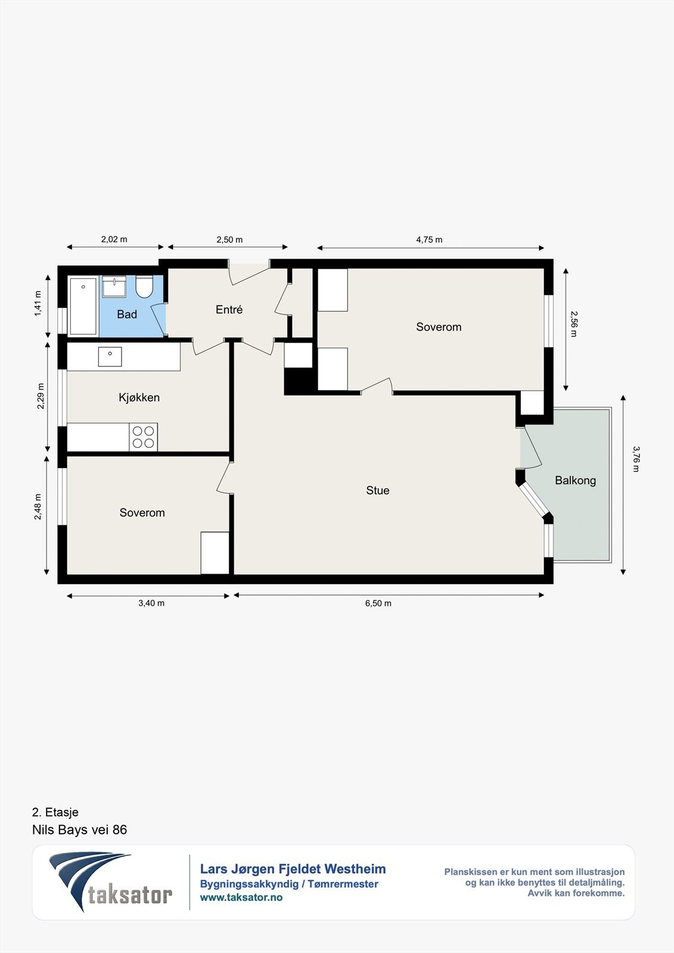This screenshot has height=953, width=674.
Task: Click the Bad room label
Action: click(127, 314)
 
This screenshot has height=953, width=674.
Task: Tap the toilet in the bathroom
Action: click(144, 286)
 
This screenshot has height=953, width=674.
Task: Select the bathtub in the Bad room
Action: click(83, 306)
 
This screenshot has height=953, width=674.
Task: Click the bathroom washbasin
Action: click(114, 286)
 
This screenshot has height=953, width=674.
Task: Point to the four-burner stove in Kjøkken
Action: click(144, 437)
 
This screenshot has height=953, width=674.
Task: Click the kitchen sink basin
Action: click(110, 357)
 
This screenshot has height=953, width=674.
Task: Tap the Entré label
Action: click(229, 310)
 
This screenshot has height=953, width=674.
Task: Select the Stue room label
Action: click(378, 491)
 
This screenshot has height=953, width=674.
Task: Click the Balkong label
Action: click(575, 481)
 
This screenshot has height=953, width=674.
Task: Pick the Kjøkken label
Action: click(139, 398)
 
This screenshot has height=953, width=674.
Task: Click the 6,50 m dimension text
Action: click(378, 603)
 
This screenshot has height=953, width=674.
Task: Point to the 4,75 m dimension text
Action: click(429, 239)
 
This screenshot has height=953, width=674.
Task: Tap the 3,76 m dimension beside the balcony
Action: click(636, 459)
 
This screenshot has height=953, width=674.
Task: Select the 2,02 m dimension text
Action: click(114, 239)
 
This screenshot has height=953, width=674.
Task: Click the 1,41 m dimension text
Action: click(38, 303)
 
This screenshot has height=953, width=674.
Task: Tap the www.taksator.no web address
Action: click(241, 897)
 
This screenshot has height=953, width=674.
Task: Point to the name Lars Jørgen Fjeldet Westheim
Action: click(293, 869)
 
